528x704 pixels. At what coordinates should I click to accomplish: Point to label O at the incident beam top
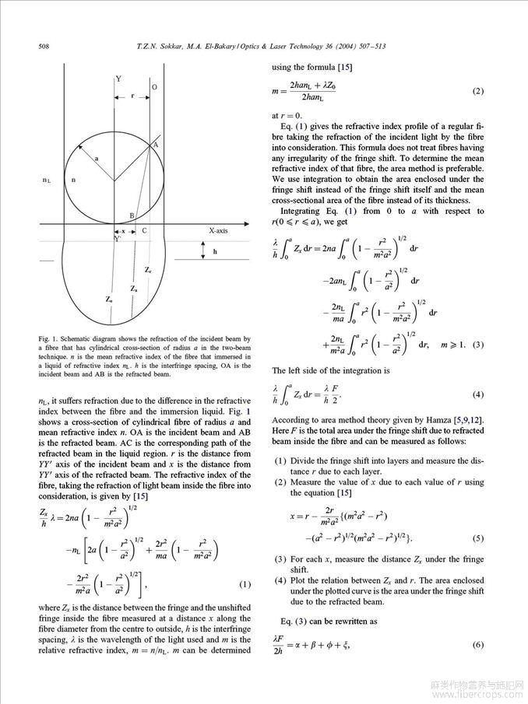click(x=154, y=88)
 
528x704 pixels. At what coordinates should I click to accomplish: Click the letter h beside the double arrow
click(x=214, y=251)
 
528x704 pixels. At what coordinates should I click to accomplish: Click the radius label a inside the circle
click(x=97, y=158)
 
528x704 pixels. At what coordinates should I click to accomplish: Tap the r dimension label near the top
click(x=132, y=97)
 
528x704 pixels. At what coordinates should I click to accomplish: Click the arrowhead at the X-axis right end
click(x=250, y=223)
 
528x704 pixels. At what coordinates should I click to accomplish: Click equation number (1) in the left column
click(x=245, y=584)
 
